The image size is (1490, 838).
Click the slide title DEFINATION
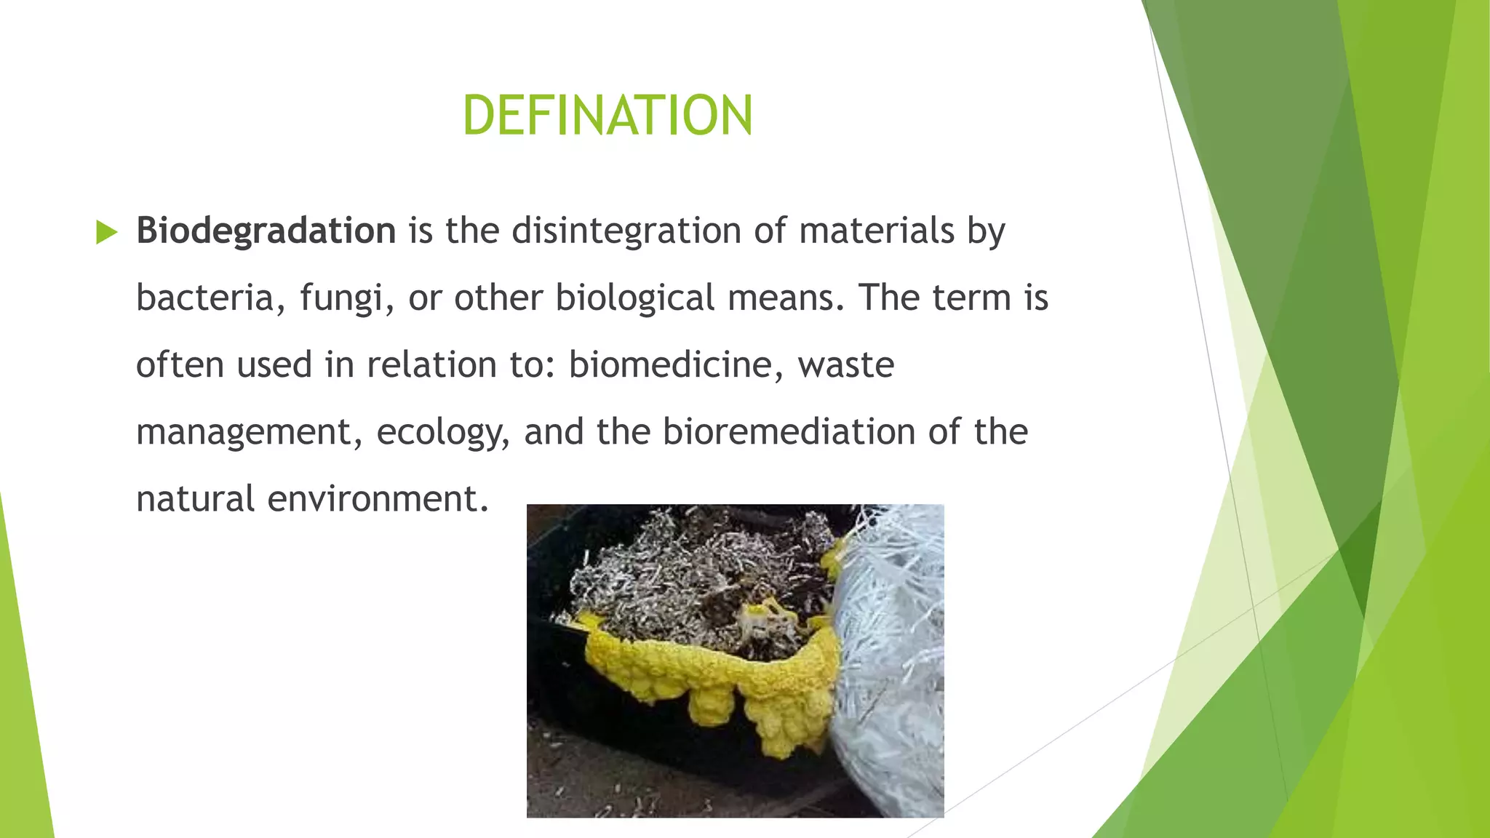coord(607,116)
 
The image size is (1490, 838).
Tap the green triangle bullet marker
coord(106,233)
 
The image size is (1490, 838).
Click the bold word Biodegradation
coord(266,231)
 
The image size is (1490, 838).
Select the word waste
coord(845,365)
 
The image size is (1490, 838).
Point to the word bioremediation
coord(789,431)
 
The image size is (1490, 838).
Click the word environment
coord(378,499)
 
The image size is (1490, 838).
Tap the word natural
coord(195,499)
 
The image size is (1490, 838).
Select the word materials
coord(876,231)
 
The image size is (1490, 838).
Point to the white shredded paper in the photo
coord(891,655)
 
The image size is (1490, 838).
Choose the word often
coord(180,364)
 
